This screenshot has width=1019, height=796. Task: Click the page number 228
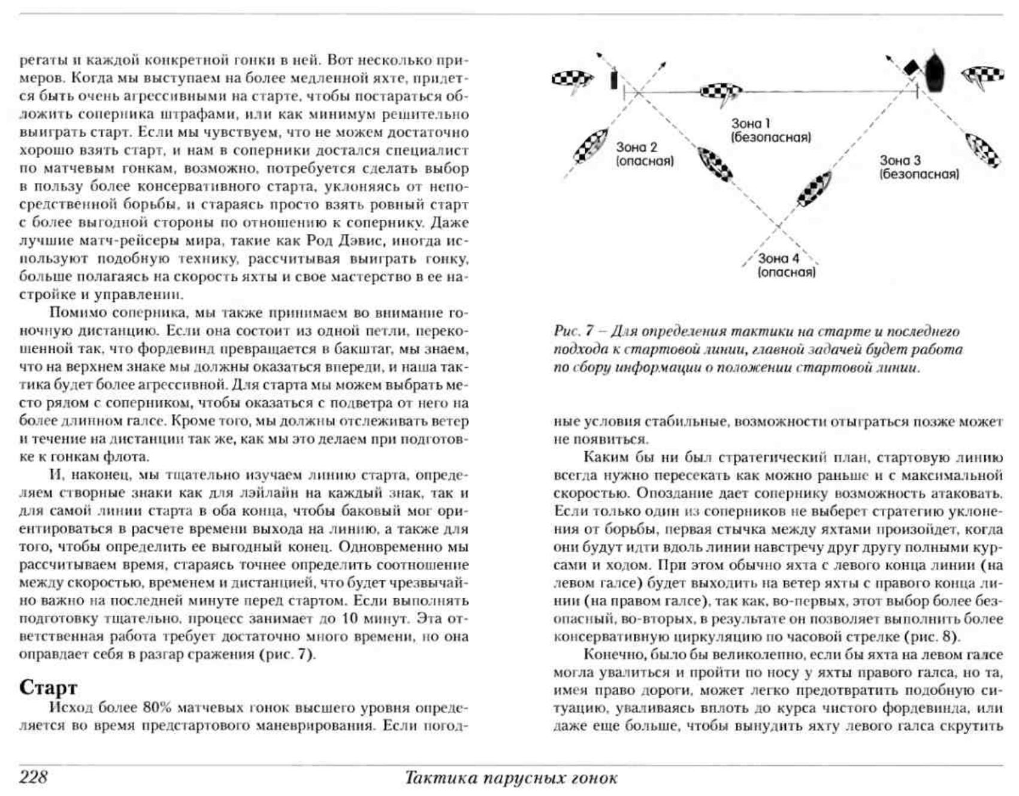[33, 777]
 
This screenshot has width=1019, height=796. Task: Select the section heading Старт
[49, 687]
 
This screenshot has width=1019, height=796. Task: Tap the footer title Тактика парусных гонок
[511, 778]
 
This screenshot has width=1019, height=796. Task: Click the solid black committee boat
[935, 72]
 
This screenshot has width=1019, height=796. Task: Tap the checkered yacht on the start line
[720, 92]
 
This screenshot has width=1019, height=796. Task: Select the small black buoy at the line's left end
[614, 80]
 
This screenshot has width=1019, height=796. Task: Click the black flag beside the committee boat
[911, 68]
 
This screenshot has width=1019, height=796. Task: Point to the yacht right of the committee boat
[983, 76]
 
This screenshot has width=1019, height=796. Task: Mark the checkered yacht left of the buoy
[572, 78]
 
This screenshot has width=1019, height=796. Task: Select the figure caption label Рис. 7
[573, 331]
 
